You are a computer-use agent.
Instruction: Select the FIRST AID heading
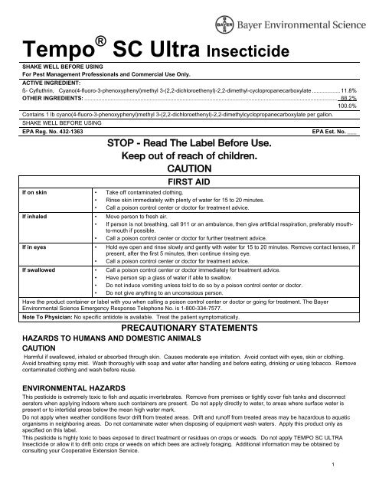click(188, 180)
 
